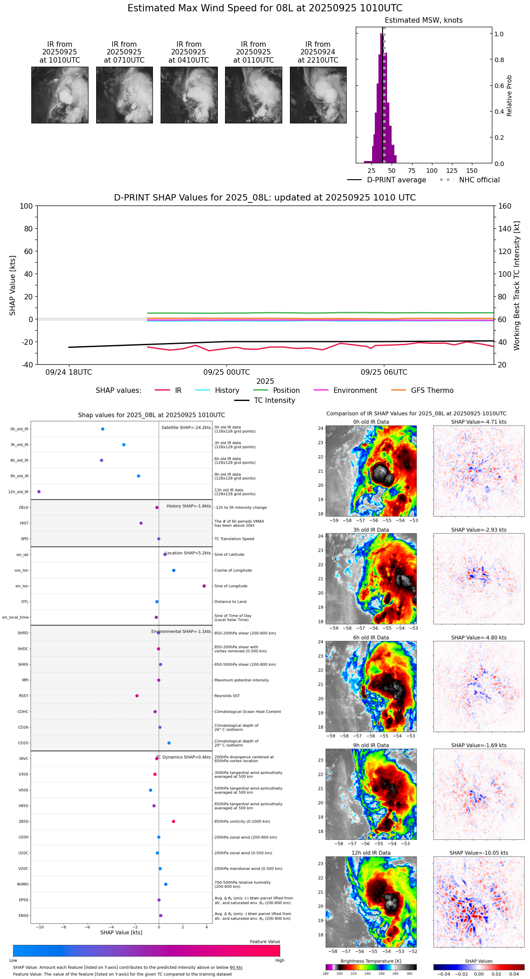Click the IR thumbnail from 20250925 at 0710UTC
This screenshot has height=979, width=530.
pos(124,95)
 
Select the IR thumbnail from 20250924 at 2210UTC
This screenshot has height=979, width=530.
pos(318,95)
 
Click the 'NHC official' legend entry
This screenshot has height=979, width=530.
pos(479,180)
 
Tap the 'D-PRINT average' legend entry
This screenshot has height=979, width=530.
pos(396,180)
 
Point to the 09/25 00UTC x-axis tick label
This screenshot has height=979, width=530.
pos(226,372)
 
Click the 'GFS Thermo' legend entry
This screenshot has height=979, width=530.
pos(432,391)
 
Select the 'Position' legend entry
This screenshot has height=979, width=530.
pos(286,391)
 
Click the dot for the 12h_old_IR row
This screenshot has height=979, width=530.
pos(39,492)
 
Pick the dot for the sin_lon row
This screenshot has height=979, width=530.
pos(204,586)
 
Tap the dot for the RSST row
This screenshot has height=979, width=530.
pos(137,696)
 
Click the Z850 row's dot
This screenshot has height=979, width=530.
pos(173,822)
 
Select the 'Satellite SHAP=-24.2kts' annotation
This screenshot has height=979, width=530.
pos(186,428)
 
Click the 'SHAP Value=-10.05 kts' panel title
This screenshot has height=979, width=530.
pos(479,853)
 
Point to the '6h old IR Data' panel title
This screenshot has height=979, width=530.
pos(371,637)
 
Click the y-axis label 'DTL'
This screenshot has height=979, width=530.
pos(25,602)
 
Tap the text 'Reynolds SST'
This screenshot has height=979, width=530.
pos(227,696)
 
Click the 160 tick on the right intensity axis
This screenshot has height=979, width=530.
pos(505,206)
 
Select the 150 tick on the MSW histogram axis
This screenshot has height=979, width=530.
pos(472,171)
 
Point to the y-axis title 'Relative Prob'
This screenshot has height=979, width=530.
pos(510,96)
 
